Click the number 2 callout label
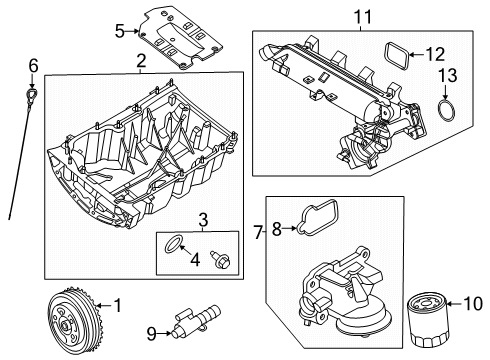point(141,62)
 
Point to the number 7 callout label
point(258,233)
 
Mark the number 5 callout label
point(119,31)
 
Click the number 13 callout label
point(447,76)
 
